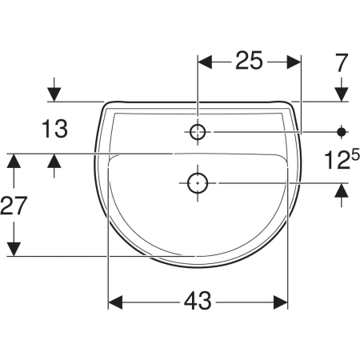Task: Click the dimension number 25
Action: point(249,61)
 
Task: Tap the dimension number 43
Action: point(198,301)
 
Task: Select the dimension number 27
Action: point(14,206)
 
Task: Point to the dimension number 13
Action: point(54,129)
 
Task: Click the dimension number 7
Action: point(342,62)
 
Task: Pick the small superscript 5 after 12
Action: point(355,156)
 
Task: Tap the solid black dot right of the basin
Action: point(342,131)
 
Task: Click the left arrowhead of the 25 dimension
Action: point(205,62)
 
